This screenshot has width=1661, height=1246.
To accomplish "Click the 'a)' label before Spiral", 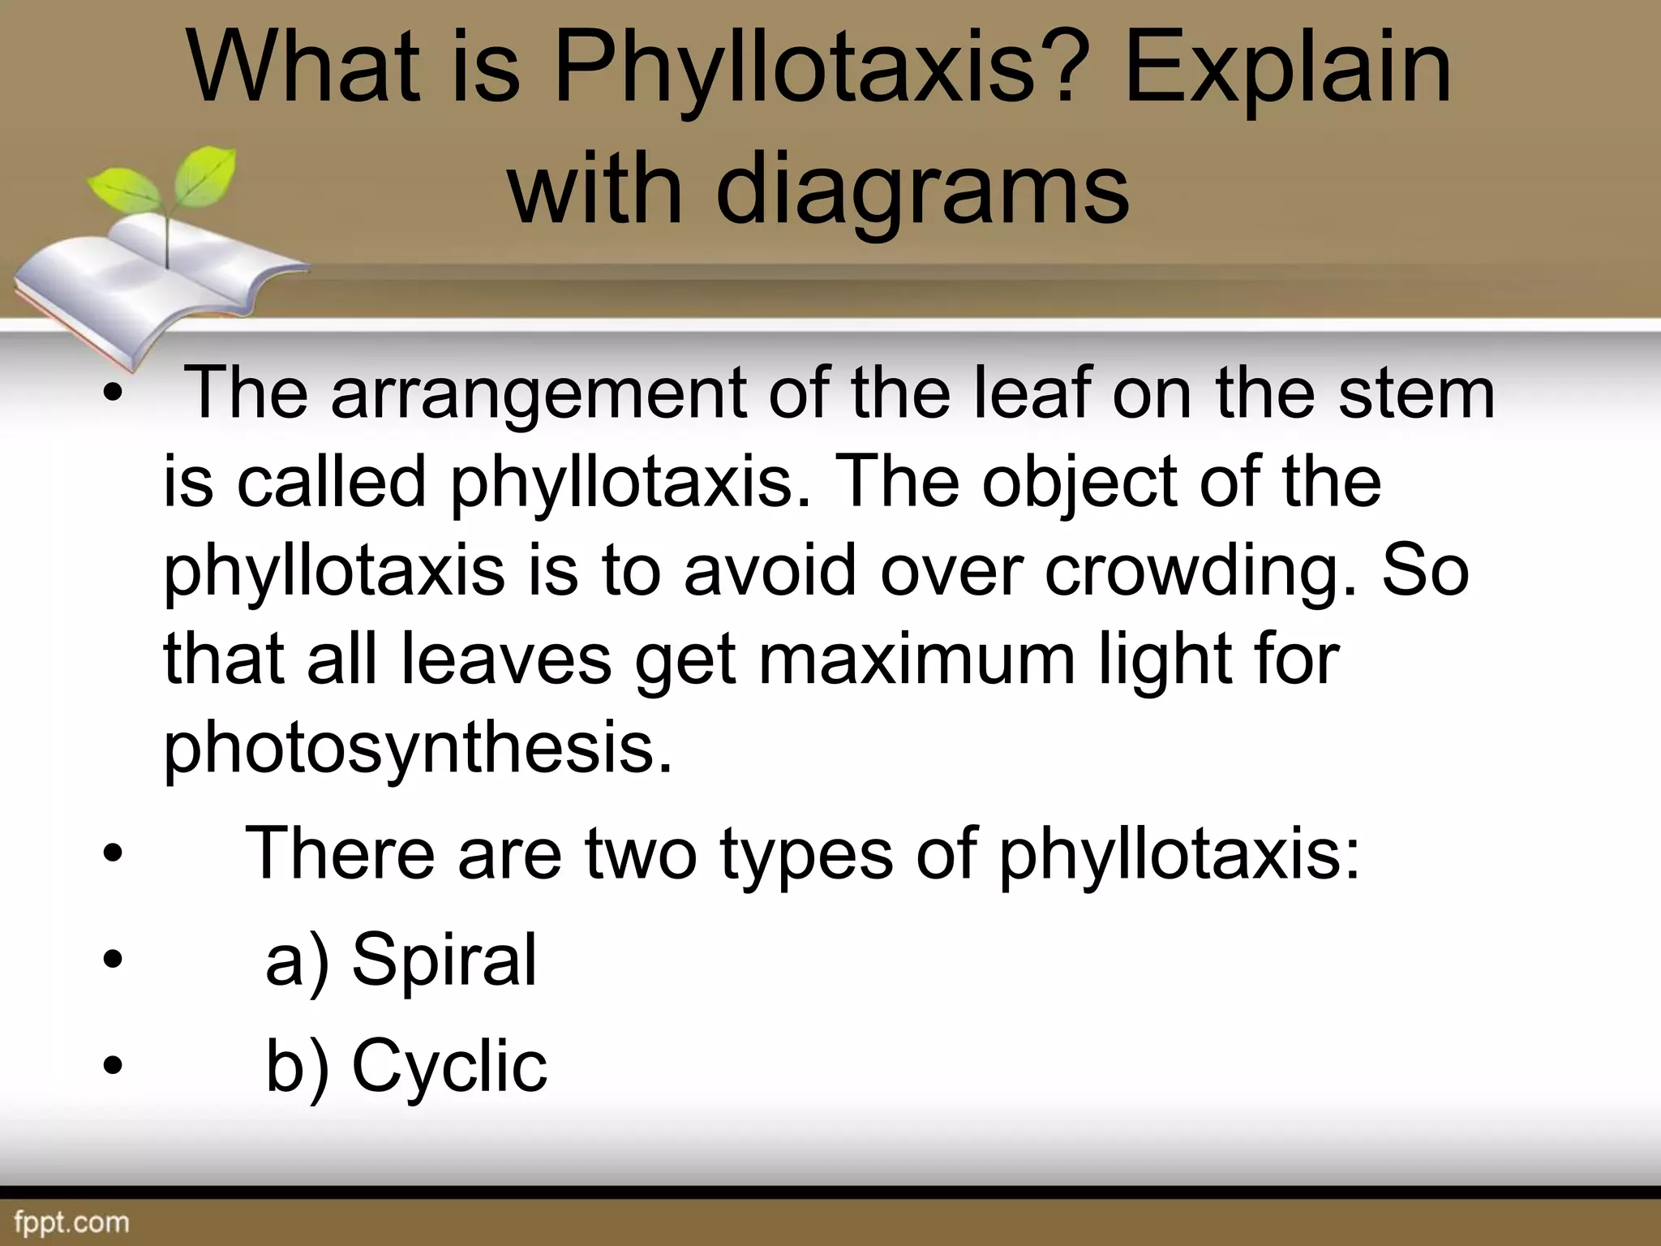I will click(297, 961).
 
